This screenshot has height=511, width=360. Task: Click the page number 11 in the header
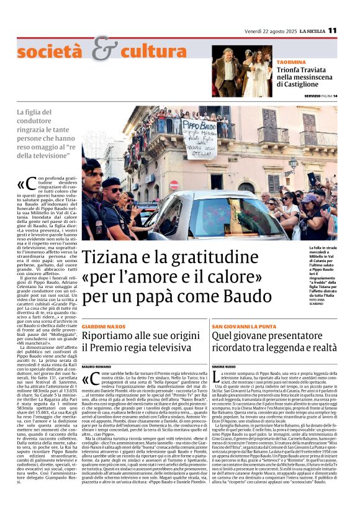pyautogui.click(x=333, y=30)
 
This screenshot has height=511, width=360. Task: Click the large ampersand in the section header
pyautogui.click(x=105, y=50)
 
